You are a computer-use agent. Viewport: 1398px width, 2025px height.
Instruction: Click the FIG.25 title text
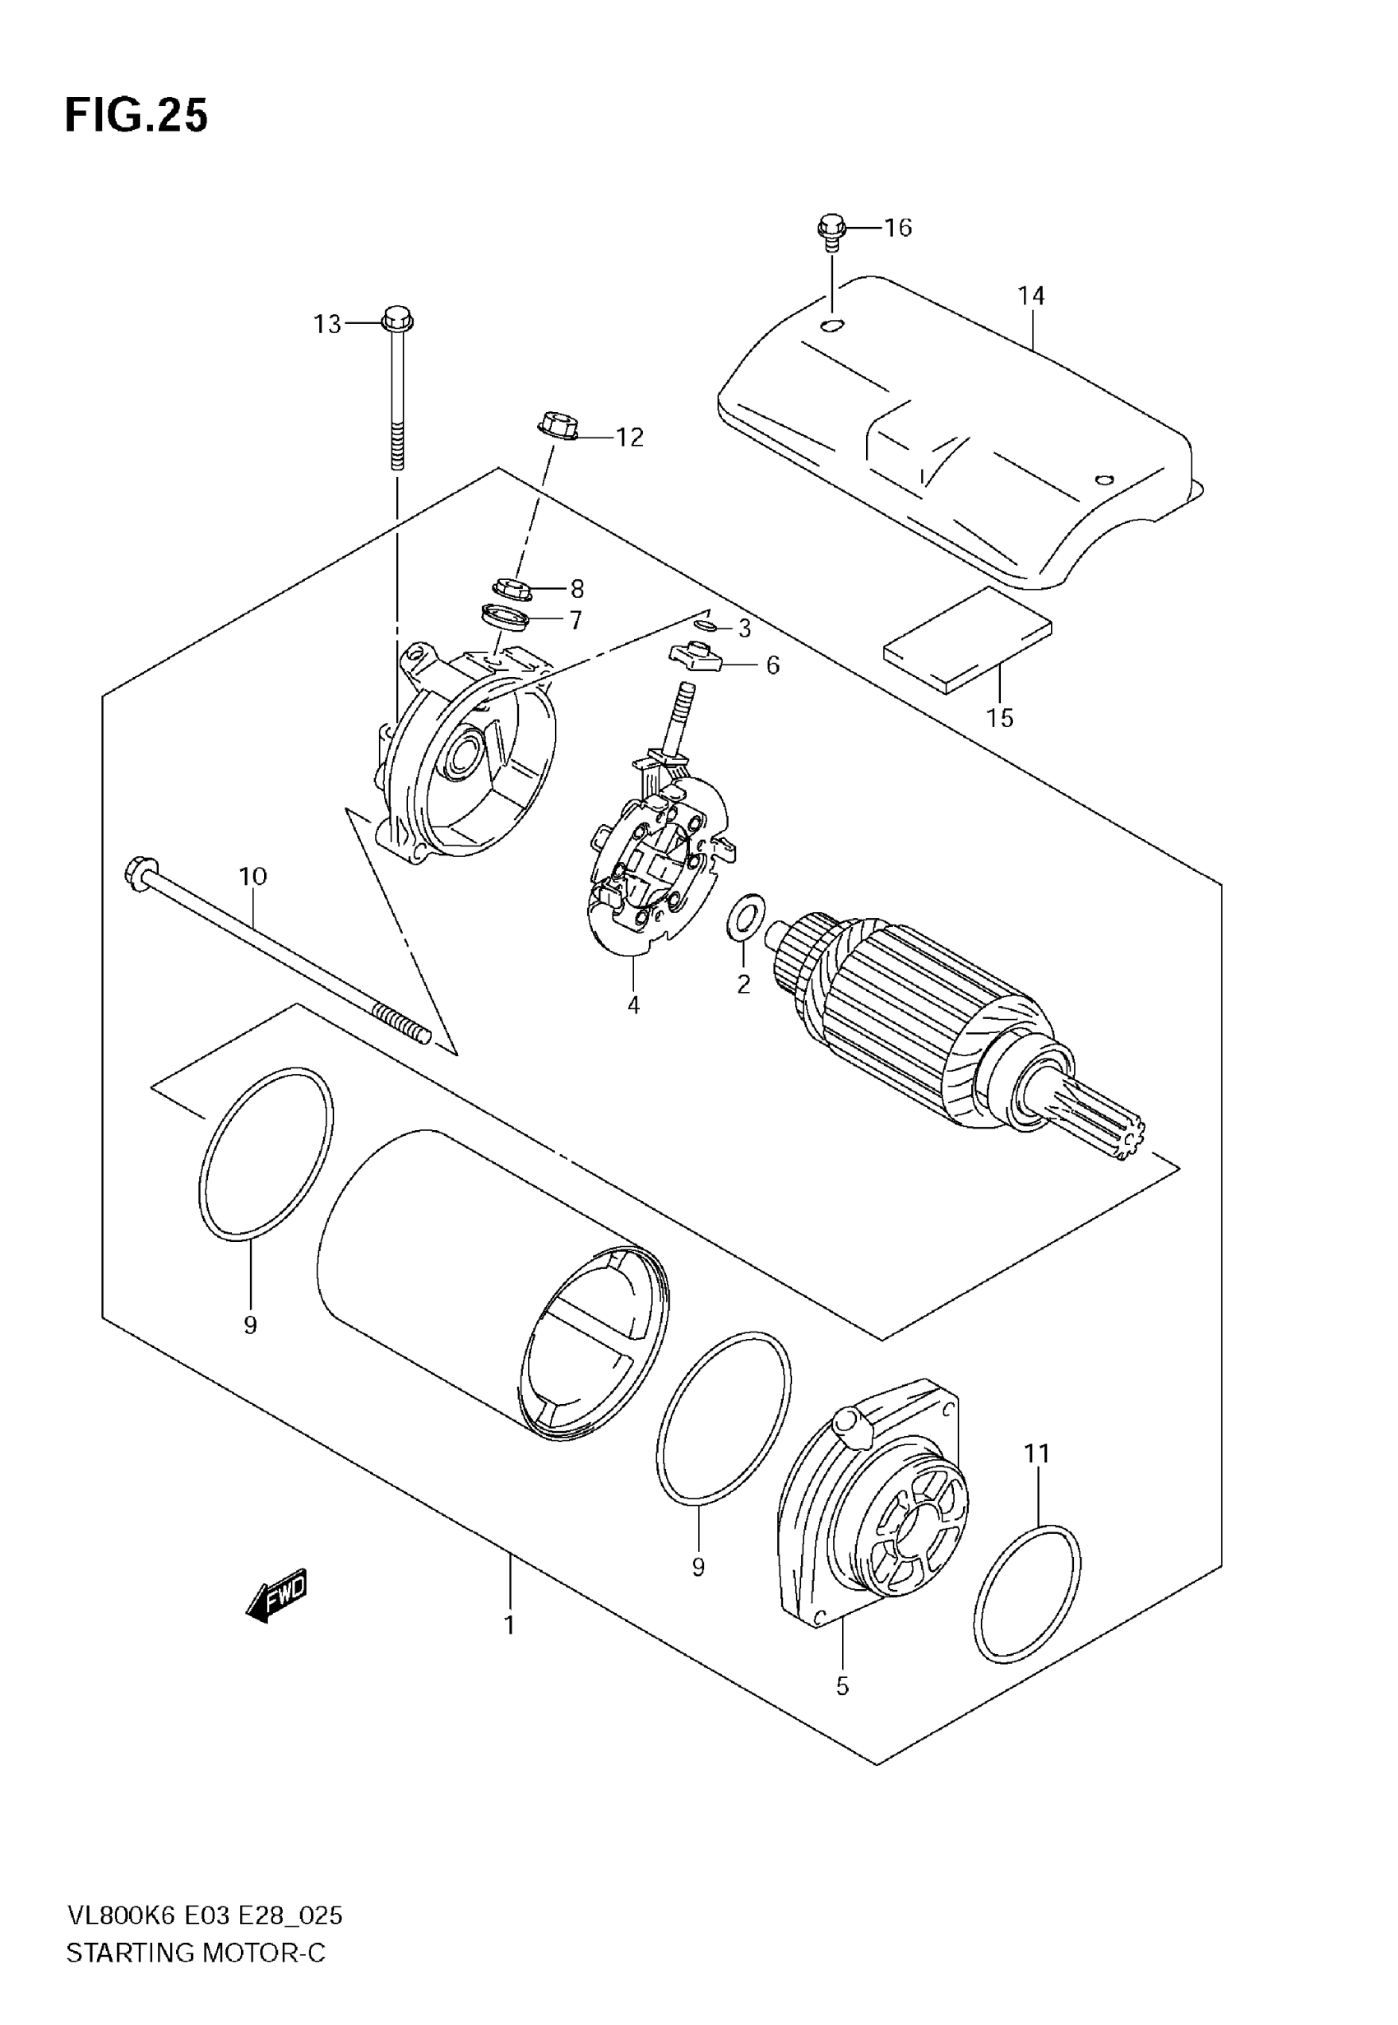click(137, 116)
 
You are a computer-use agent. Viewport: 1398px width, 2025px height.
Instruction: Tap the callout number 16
click(898, 228)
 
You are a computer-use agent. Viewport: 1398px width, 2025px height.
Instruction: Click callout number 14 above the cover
click(1031, 296)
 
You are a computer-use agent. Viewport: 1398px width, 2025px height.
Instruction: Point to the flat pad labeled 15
click(968, 640)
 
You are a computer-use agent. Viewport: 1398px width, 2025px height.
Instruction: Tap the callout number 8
click(576, 589)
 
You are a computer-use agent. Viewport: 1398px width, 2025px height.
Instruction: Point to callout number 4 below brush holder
click(633, 1004)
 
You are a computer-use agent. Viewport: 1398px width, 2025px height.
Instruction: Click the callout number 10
click(253, 876)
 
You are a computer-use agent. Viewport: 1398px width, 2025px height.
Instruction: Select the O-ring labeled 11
click(1026, 1592)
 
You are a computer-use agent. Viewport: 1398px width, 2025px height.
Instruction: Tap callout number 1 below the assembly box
click(509, 1624)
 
